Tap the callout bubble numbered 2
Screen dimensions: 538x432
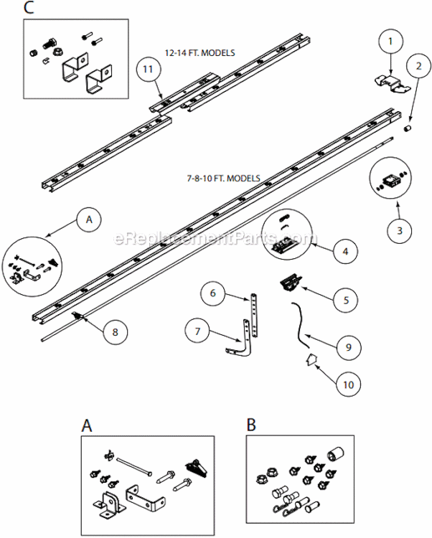click(x=416, y=67)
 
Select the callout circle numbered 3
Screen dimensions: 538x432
click(x=400, y=230)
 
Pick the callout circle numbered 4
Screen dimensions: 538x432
click(x=345, y=252)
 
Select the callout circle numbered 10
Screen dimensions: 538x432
click(x=347, y=384)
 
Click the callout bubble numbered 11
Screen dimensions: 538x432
click(x=148, y=69)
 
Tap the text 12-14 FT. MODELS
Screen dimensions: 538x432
click(x=201, y=52)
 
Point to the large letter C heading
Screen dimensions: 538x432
click(x=29, y=9)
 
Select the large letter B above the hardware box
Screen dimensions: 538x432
click(x=251, y=425)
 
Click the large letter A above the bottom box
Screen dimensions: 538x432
click(x=87, y=425)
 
